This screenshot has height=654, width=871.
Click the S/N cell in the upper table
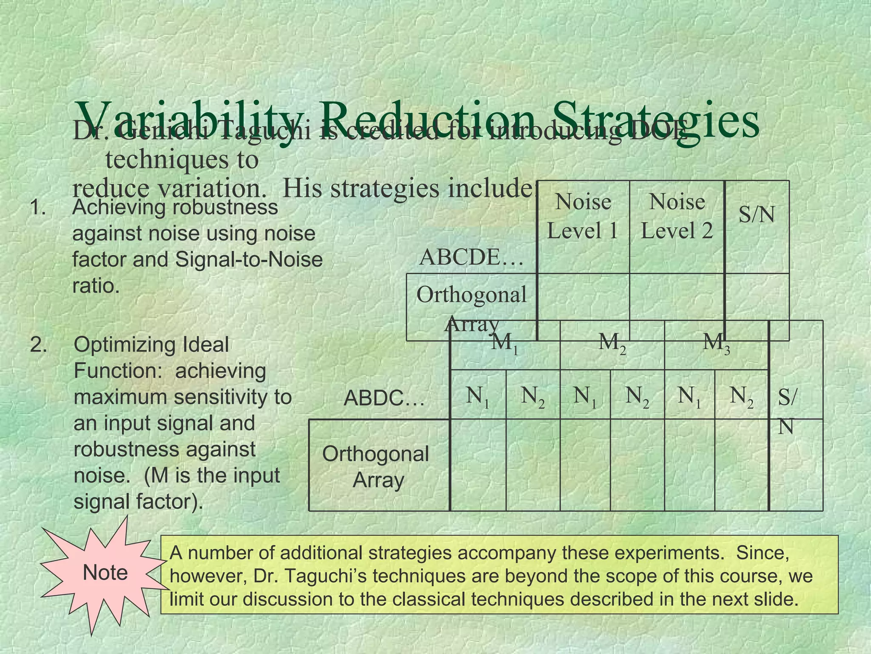[x=757, y=215]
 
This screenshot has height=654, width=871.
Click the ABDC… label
[x=384, y=399]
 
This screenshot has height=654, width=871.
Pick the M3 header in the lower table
[x=716, y=342]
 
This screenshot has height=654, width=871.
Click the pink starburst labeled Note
[x=105, y=573]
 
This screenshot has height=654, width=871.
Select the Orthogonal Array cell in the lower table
[x=376, y=467]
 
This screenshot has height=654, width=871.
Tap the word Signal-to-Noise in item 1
[x=249, y=260]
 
